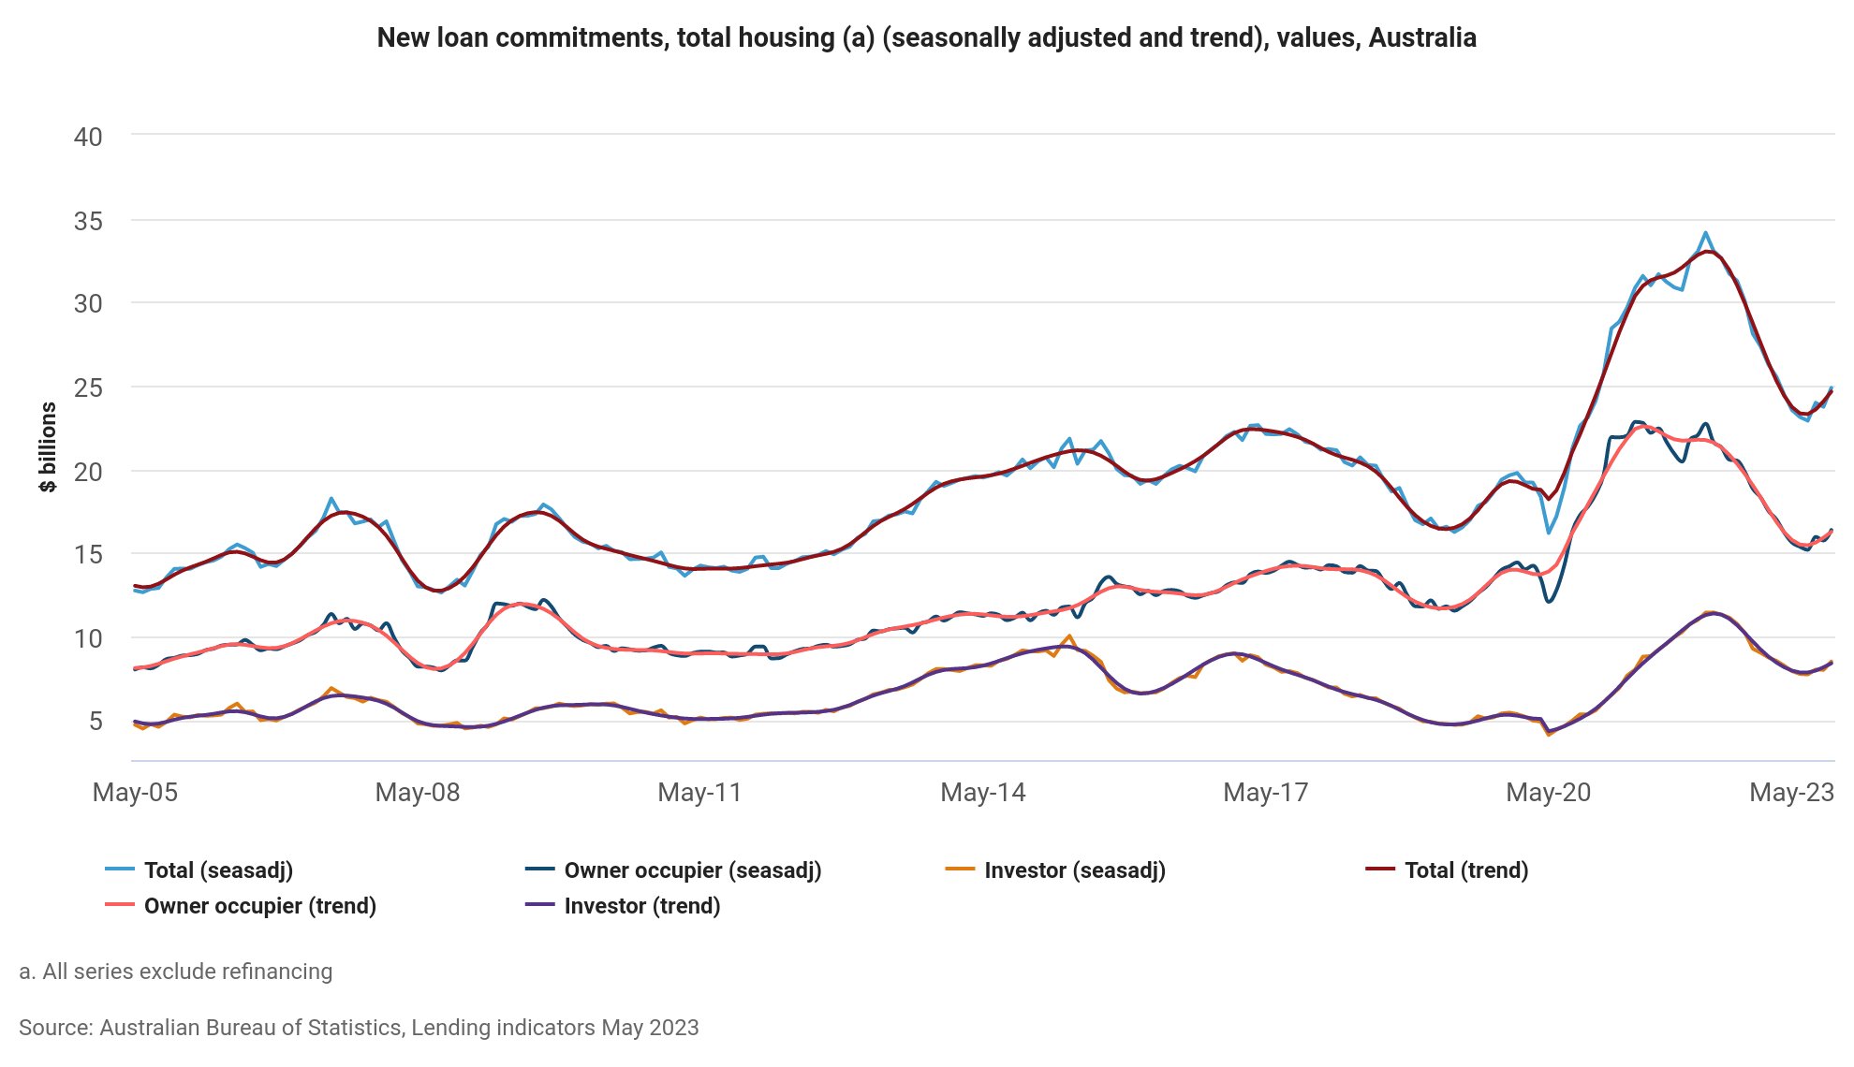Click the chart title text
pyautogui.click(x=926, y=38)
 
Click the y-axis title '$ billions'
pyautogui.click(x=48, y=447)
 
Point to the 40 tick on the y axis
pyautogui.click(x=88, y=137)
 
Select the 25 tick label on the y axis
pyautogui.click(x=88, y=387)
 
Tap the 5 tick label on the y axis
pyautogui.click(x=96, y=721)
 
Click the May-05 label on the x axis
pyautogui.click(x=135, y=793)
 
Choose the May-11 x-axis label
pyautogui.click(x=699, y=793)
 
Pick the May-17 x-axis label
pyautogui.click(x=1265, y=793)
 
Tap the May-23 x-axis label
pyautogui.click(x=1791, y=793)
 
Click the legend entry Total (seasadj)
pyautogui.click(x=217, y=870)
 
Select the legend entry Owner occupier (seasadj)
pyautogui.click(x=692, y=870)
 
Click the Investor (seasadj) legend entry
pyautogui.click(x=1074, y=870)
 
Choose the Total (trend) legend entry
pyautogui.click(x=1465, y=870)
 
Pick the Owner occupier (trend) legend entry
pyautogui.click(x=259, y=906)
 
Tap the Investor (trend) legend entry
pyautogui.click(x=641, y=906)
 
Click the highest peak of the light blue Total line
pyautogui.click(x=1705, y=233)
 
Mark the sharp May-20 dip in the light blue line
pyautogui.click(x=1549, y=533)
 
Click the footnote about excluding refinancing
pyautogui.click(x=176, y=972)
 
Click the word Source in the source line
pyautogui.click(x=54, y=1028)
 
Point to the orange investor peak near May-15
pyautogui.click(x=1069, y=636)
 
